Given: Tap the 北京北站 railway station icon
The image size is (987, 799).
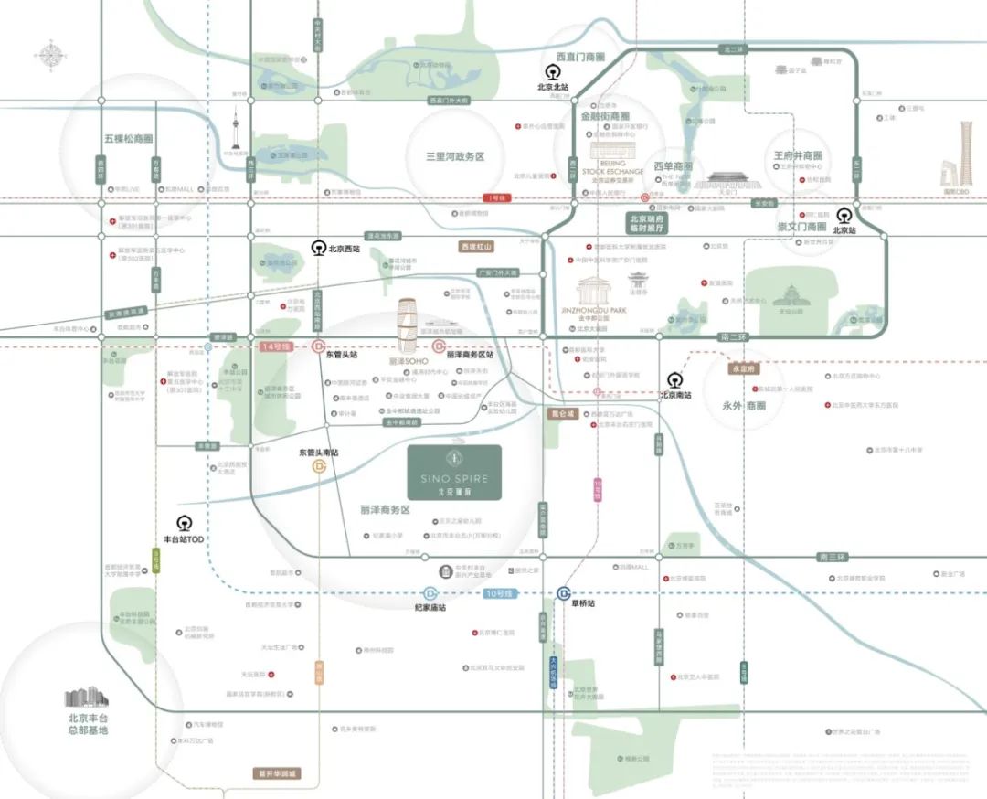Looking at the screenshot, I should pyautogui.click(x=553, y=71).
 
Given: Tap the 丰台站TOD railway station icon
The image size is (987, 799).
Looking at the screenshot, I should pyautogui.click(x=184, y=524).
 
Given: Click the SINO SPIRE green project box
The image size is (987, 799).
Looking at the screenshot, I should pyautogui.click(x=454, y=472).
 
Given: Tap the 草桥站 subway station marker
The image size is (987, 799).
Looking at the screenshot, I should pyautogui.click(x=564, y=593).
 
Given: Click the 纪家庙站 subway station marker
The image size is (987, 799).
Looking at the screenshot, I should pyautogui.click(x=430, y=593).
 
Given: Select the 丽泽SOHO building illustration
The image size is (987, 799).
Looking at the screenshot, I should pyautogui.click(x=409, y=327).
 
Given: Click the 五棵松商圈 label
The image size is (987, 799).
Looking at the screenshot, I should pyautogui.click(x=128, y=139).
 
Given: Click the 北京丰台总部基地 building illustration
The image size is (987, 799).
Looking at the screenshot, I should pyautogui.click(x=87, y=698).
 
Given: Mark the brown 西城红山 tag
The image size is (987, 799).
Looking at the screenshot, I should pyautogui.click(x=476, y=247).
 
